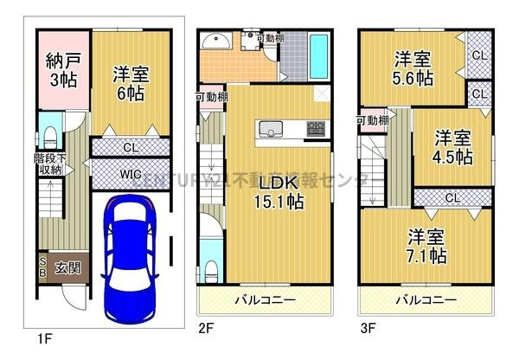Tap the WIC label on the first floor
(x=130, y=175)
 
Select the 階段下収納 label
(x=48, y=164)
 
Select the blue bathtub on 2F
(x=317, y=54)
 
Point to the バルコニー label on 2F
(x=266, y=300)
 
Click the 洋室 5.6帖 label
(x=414, y=67)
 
